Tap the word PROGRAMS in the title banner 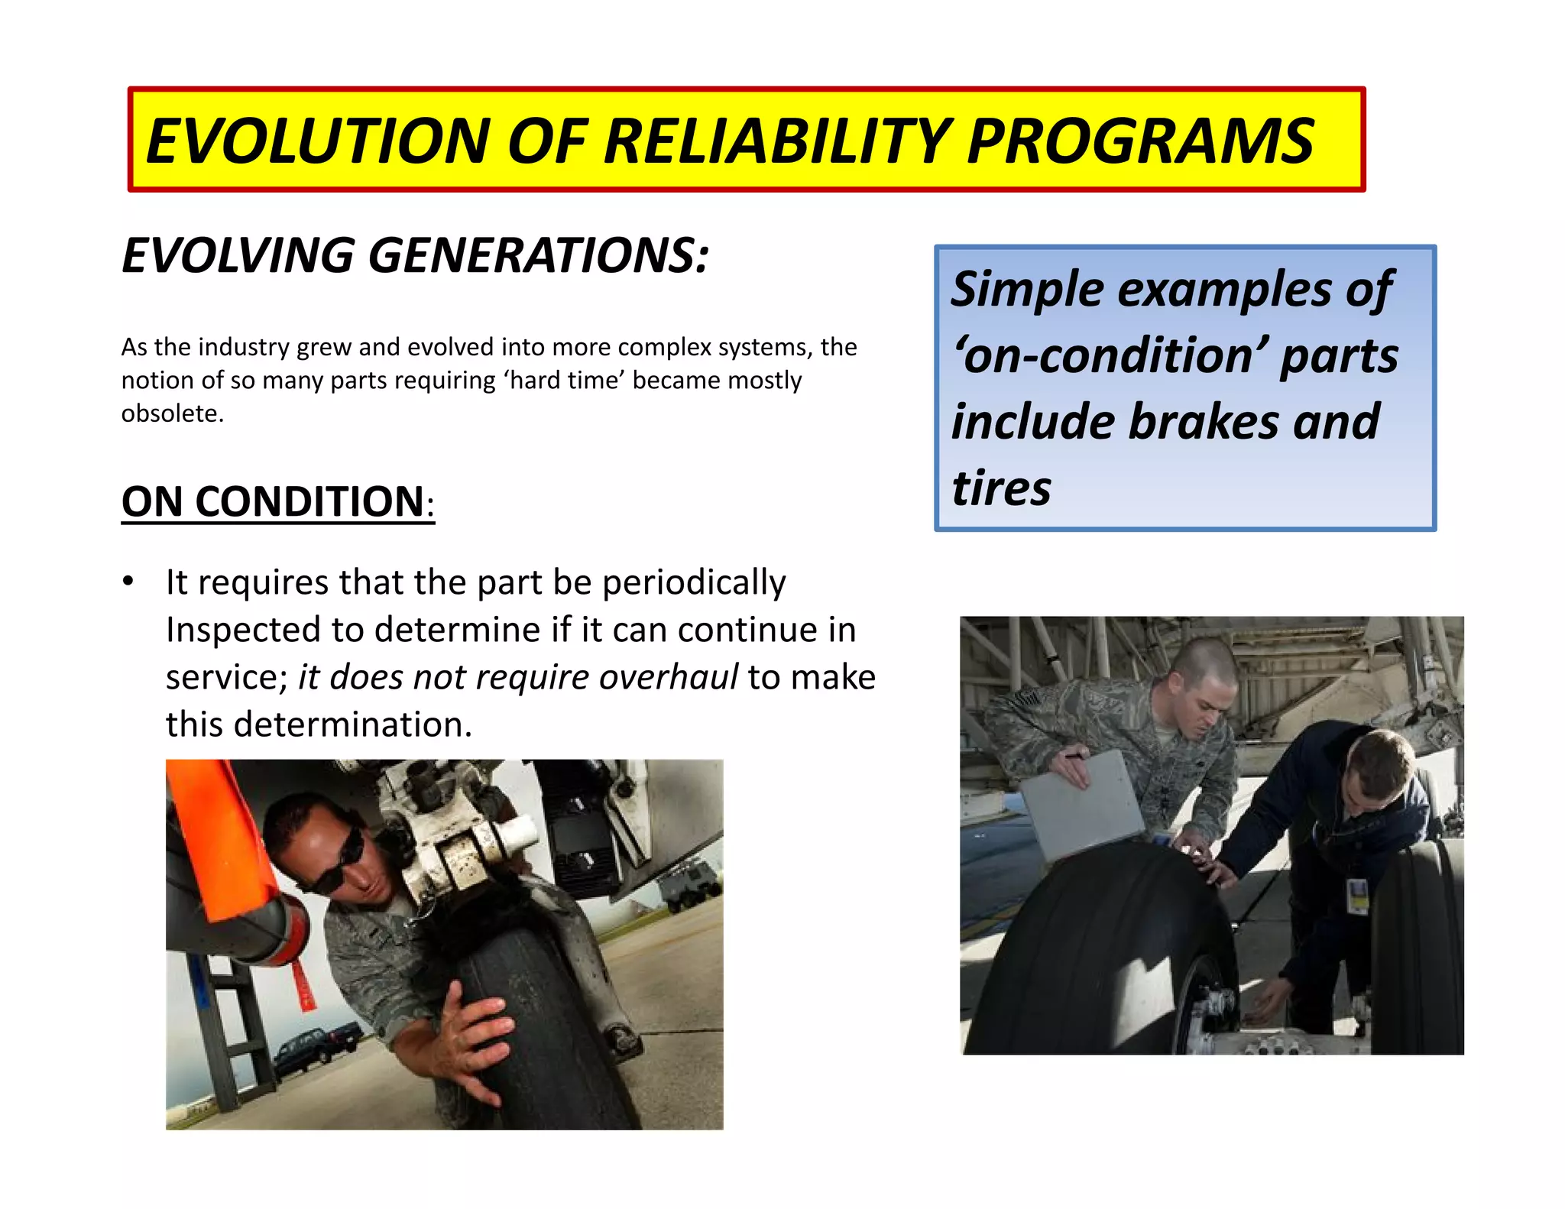pos(1140,141)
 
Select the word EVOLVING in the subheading pos(238,255)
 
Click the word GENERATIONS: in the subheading pos(539,255)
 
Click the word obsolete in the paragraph pos(171,413)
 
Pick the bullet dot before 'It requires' pos(128,582)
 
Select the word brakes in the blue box pos(1202,422)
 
